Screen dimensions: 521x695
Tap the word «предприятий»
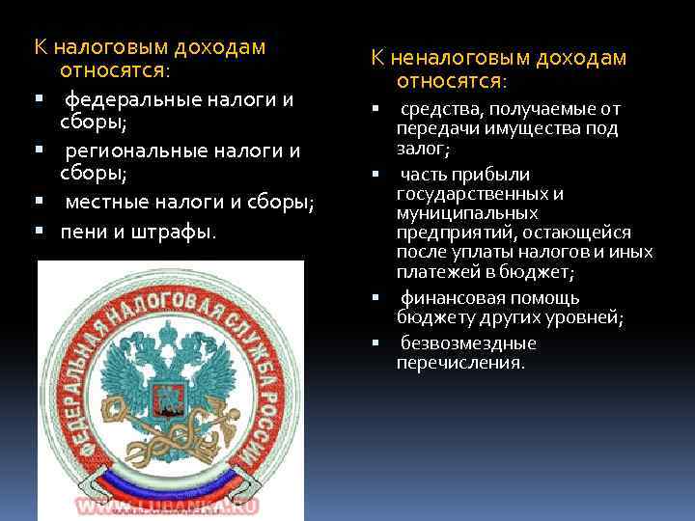click(x=451, y=233)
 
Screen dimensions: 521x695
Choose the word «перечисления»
click(x=459, y=364)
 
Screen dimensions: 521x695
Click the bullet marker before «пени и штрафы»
click(x=40, y=233)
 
